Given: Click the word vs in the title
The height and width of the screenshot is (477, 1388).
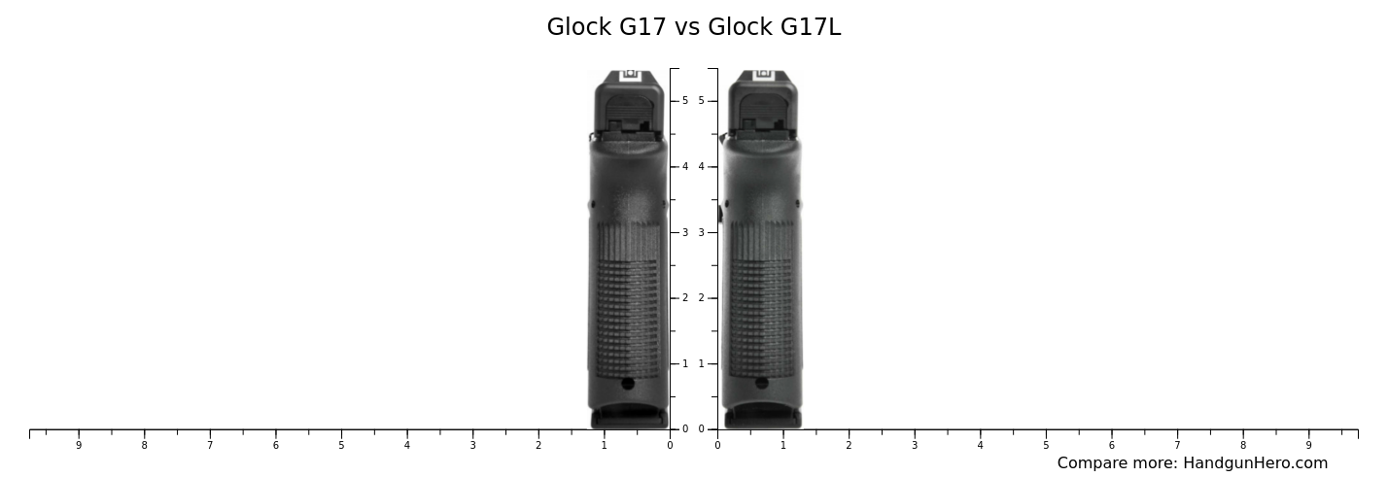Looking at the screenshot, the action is tap(686, 28).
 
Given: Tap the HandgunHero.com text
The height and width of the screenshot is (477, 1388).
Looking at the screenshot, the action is tap(1255, 462).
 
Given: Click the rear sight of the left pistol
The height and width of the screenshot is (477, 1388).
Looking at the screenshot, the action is tap(630, 75).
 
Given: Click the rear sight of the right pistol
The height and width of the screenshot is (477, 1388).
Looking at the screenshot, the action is tap(763, 75).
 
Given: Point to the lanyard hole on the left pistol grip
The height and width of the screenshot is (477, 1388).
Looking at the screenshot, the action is tap(628, 384).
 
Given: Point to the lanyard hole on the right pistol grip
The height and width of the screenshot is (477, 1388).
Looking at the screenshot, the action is tap(761, 383).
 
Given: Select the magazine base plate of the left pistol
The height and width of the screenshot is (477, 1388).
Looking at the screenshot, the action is tap(629, 418).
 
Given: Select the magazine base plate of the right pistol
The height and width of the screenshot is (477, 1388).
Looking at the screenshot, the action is tap(763, 418).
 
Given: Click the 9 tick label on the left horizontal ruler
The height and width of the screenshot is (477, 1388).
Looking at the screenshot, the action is tap(79, 445).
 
